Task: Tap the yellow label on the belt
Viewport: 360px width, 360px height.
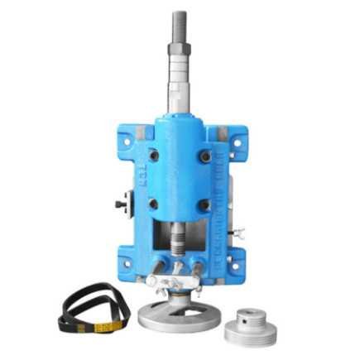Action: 107,327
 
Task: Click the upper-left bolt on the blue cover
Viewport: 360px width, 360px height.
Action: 154,155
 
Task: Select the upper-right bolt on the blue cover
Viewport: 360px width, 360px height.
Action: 204,155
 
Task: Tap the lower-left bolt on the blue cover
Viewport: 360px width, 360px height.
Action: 154,204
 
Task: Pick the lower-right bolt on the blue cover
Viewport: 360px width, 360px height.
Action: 204,204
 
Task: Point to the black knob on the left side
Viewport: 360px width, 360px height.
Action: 121,201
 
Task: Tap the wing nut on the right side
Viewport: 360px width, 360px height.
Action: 239,233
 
